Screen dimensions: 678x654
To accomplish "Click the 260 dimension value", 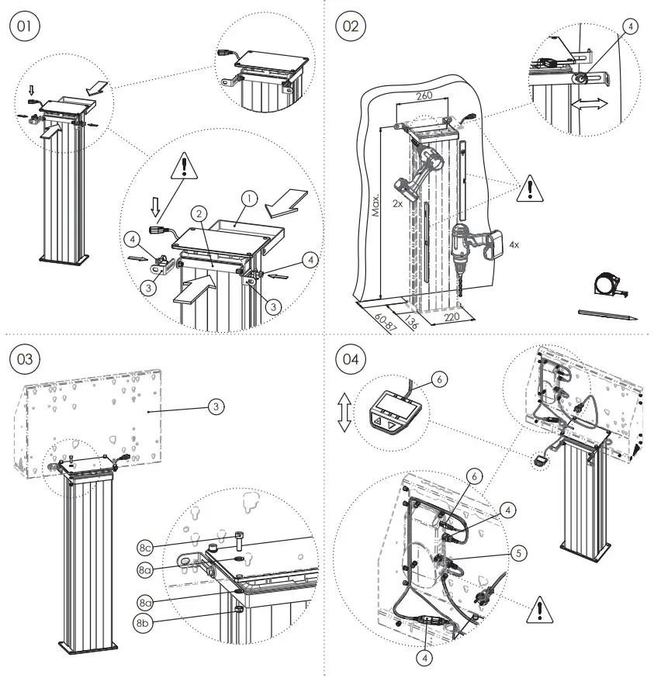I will (424, 97).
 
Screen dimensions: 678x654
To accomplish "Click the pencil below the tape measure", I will (608, 314).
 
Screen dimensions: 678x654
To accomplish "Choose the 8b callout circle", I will (143, 621).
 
